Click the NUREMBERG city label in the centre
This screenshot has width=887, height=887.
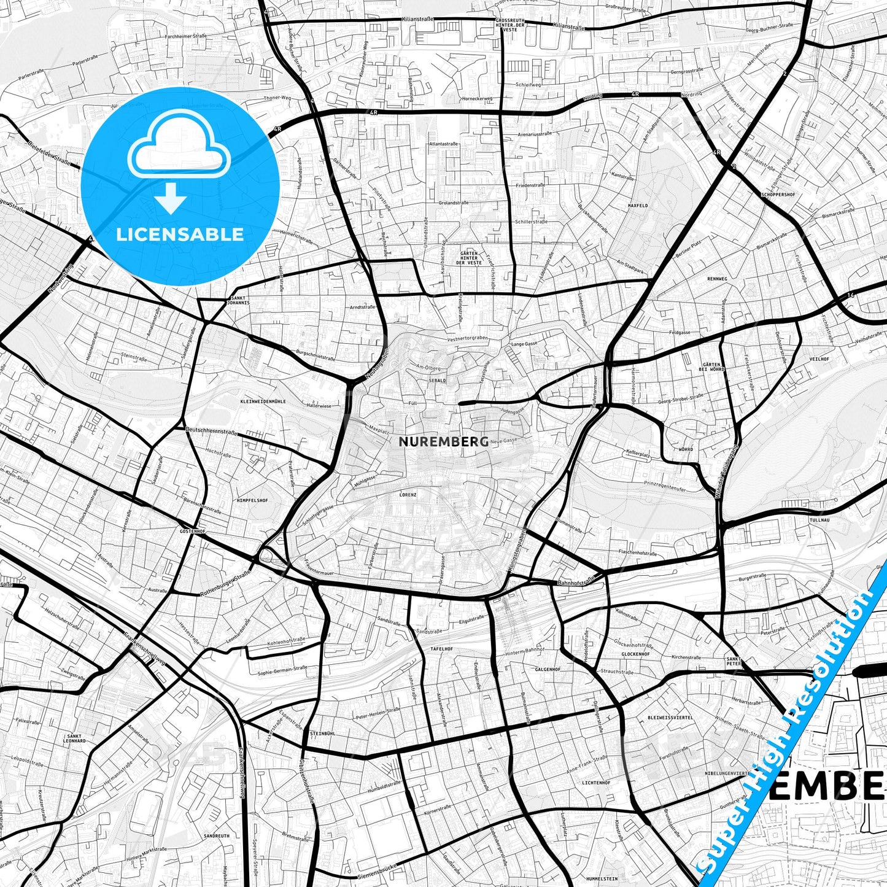[x=443, y=441]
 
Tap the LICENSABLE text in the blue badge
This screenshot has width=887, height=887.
[x=180, y=234]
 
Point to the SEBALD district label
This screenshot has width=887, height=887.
[x=438, y=381]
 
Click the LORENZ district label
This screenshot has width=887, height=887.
[x=408, y=494]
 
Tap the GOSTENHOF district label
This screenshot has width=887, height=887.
[x=192, y=530]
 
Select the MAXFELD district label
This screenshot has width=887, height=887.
[x=638, y=205]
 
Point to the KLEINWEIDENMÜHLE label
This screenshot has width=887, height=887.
[x=260, y=401]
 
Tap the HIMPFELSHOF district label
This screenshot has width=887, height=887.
[x=252, y=500]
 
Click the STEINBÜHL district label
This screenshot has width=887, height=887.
[x=323, y=733]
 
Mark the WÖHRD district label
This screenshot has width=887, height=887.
[x=686, y=449]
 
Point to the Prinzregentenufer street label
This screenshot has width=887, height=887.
[x=664, y=485]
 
